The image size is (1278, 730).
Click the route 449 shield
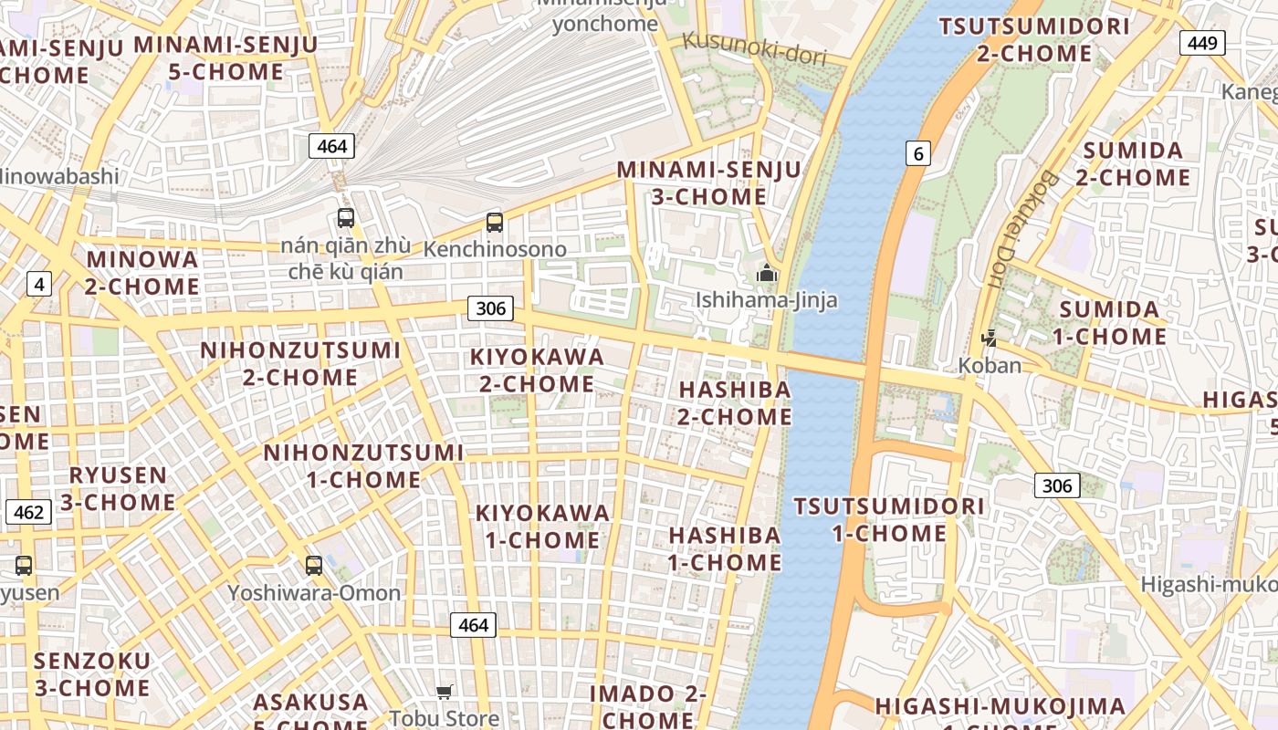point(1202,42)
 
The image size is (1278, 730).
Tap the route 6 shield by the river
point(918,153)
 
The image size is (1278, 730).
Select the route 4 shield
point(38,284)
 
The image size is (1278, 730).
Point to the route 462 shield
point(28,512)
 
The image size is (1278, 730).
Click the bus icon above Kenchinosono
point(495,222)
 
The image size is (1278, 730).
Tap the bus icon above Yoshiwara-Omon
point(314,565)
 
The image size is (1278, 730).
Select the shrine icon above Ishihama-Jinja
point(767,273)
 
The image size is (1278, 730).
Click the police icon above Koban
point(989,339)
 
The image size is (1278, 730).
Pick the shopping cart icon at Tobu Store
point(445,692)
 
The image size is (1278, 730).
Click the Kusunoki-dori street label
point(754,48)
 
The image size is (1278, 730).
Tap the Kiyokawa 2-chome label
point(537,370)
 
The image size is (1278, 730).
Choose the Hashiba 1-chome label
point(725,548)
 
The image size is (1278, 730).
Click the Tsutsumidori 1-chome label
point(889,519)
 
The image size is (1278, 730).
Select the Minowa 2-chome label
point(142,273)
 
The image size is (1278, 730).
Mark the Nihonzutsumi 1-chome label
point(363,465)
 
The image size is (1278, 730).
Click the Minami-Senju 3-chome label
point(708,182)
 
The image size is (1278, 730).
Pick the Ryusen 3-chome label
point(118,488)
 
